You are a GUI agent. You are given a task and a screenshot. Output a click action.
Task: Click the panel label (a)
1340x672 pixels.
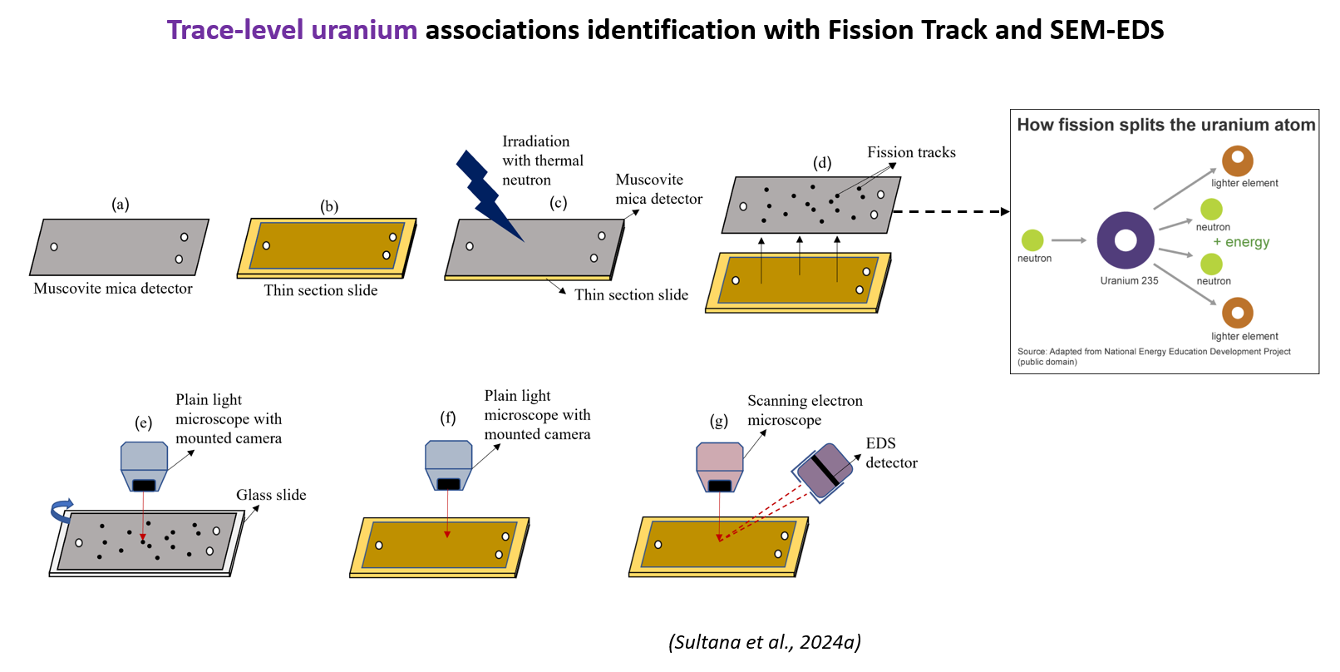pos(121,205)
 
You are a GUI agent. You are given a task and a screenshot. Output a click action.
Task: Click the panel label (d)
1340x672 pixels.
pos(822,162)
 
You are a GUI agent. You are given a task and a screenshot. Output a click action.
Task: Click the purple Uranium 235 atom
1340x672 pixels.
pos(1126,240)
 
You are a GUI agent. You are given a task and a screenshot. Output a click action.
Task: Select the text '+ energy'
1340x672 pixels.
pos(1241,242)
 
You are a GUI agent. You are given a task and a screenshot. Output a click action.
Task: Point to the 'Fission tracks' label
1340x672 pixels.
pos(911,152)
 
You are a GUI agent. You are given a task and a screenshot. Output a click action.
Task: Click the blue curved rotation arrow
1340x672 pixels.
pos(62,509)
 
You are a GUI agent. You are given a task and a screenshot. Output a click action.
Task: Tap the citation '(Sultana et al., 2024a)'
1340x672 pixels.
pos(765,642)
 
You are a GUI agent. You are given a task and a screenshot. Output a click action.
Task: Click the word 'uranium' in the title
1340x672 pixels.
pos(364,30)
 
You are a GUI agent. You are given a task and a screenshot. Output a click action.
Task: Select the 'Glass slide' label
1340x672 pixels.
pos(271,495)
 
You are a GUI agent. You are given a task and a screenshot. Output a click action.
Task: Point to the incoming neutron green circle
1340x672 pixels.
pos(1032,240)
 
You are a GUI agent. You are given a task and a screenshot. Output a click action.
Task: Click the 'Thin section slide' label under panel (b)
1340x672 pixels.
pos(321,290)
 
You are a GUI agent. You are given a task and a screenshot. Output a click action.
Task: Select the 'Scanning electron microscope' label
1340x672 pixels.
pos(804,410)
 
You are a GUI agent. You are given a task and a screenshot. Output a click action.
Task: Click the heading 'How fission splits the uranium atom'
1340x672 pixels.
pos(1165,125)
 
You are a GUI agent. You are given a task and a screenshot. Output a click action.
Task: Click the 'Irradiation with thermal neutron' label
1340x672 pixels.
pos(542,161)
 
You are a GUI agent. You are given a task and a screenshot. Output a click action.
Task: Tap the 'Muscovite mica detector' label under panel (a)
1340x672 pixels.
pos(113,289)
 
